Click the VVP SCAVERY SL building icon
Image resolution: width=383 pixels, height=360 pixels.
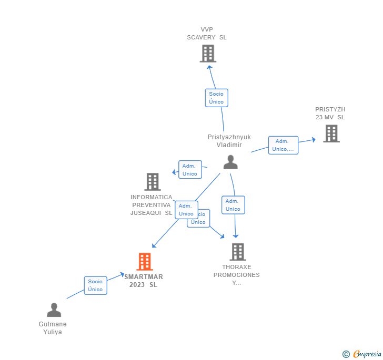208,54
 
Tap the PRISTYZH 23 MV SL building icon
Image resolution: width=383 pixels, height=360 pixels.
331,133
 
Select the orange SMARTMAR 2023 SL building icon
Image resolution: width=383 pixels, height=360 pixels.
145,261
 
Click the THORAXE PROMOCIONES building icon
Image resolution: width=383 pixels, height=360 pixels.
237,252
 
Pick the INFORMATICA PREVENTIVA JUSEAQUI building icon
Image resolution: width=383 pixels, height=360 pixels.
152,182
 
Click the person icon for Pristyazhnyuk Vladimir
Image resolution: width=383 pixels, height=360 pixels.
230,162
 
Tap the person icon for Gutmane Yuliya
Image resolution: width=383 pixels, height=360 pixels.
54,310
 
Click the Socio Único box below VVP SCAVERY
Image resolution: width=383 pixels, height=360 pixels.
216,98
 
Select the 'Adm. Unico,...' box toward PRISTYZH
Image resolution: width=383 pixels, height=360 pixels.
283,145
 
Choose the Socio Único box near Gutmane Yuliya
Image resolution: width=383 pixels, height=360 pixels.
95,285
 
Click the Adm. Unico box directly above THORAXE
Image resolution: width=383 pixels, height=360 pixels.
233,205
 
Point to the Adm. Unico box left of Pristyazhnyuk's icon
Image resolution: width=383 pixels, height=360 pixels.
190,170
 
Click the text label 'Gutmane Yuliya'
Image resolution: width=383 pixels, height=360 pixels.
53,328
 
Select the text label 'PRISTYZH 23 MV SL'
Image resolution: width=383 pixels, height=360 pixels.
330,113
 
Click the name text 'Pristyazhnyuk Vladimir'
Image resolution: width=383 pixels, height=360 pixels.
229,141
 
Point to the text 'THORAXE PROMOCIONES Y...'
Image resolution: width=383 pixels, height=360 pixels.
236,275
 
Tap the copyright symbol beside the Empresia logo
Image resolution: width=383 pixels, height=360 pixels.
346,354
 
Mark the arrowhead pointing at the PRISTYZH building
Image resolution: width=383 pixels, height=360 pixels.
313,139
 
